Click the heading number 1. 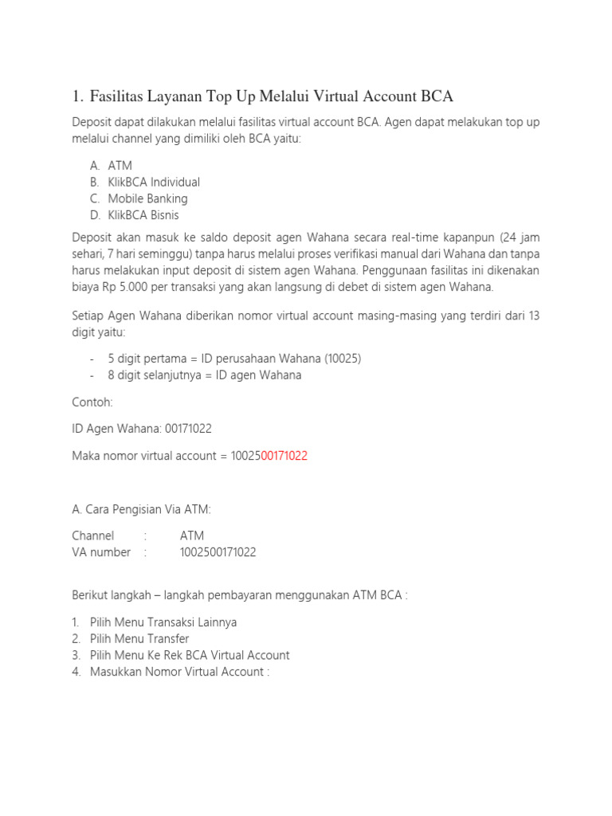[76, 97]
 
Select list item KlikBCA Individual [154, 182]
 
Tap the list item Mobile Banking [147, 198]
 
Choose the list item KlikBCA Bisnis [143, 215]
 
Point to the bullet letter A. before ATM [95, 166]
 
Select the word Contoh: [92, 402]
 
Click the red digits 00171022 [284, 456]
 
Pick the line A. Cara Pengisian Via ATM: [141, 510]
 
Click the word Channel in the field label [93, 535]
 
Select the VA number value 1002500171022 [218, 552]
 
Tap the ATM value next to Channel [192, 535]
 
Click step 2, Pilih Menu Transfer [139, 638]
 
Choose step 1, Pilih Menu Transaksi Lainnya [163, 622]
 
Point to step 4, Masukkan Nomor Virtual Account [179, 672]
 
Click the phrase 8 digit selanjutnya [153, 375]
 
